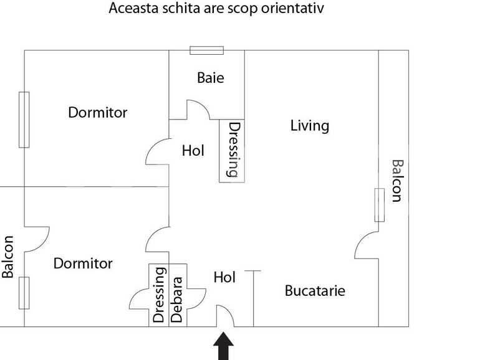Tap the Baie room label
coord(211,78)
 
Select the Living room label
coord(310,126)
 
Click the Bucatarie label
coord(315,291)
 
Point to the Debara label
coord(177,300)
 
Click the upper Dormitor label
coord(98,113)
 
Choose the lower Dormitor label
coord(83,263)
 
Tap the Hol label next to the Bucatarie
coord(224,277)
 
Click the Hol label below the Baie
coord(193,151)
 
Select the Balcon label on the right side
coord(398,181)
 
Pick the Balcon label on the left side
coord(7,257)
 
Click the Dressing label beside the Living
coord(234,150)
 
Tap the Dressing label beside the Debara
coord(159,295)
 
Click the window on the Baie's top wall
coord(206,50)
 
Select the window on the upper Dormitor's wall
coord(24,120)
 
